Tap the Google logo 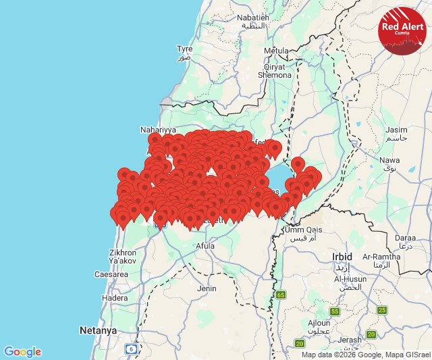22,352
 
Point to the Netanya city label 98,330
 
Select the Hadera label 114,298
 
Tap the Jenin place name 207,288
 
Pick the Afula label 205,247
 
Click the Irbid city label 342,257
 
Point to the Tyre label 184,49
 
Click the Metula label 276,51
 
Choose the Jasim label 396,129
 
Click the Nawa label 391,160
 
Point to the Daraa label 405,238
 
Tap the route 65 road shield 280,294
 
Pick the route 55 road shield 335,311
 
